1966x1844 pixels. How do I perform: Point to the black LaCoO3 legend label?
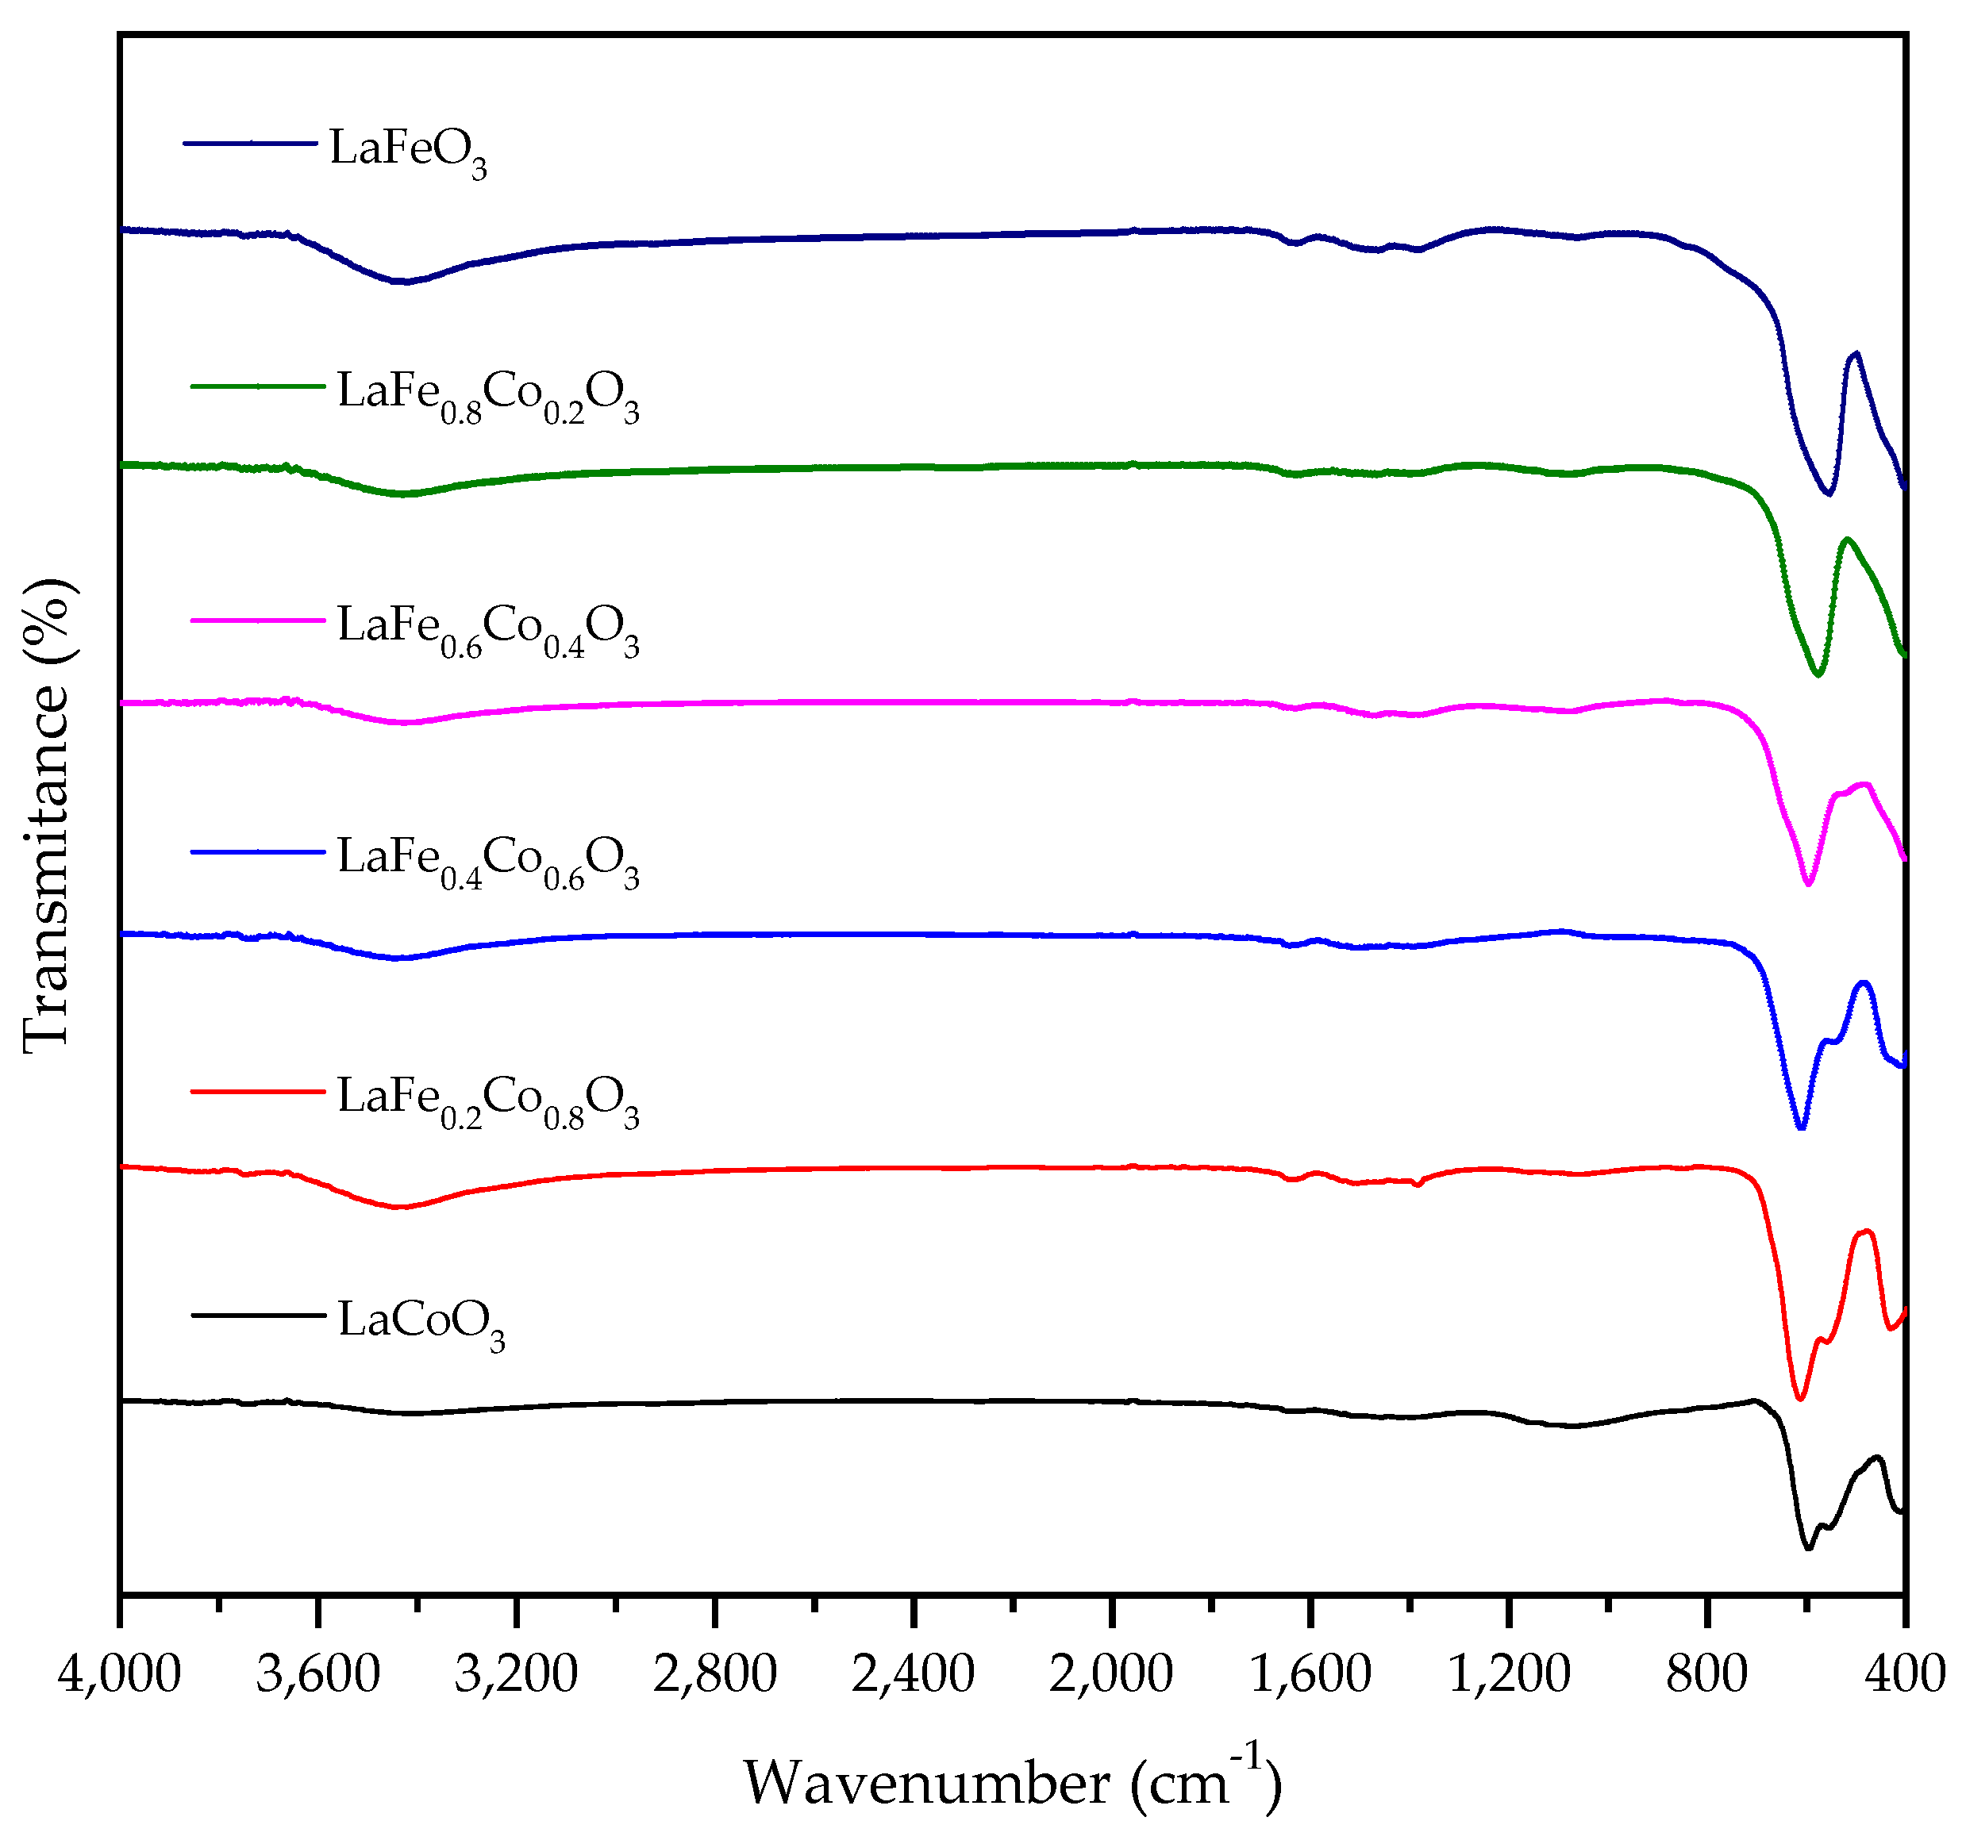tap(421, 1323)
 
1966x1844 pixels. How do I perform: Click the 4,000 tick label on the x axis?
tap(119, 1675)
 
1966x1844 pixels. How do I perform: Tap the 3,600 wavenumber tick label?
tap(317, 1675)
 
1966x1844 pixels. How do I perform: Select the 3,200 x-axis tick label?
tap(515, 1675)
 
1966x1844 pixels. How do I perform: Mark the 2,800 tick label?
tap(714, 1675)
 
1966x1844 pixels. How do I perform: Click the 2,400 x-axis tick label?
tap(913, 1675)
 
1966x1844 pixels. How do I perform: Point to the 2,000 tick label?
tap(1110, 1675)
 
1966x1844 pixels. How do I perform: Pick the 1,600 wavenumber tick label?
tap(1310, 1675)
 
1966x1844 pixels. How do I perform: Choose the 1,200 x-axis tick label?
tap(1508, 1675)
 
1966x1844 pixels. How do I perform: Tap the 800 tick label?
tap(1707, 1675)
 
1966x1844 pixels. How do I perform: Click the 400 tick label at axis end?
tap(1905, 1675)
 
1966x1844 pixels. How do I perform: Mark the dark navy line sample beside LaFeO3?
tap(250, 144)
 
